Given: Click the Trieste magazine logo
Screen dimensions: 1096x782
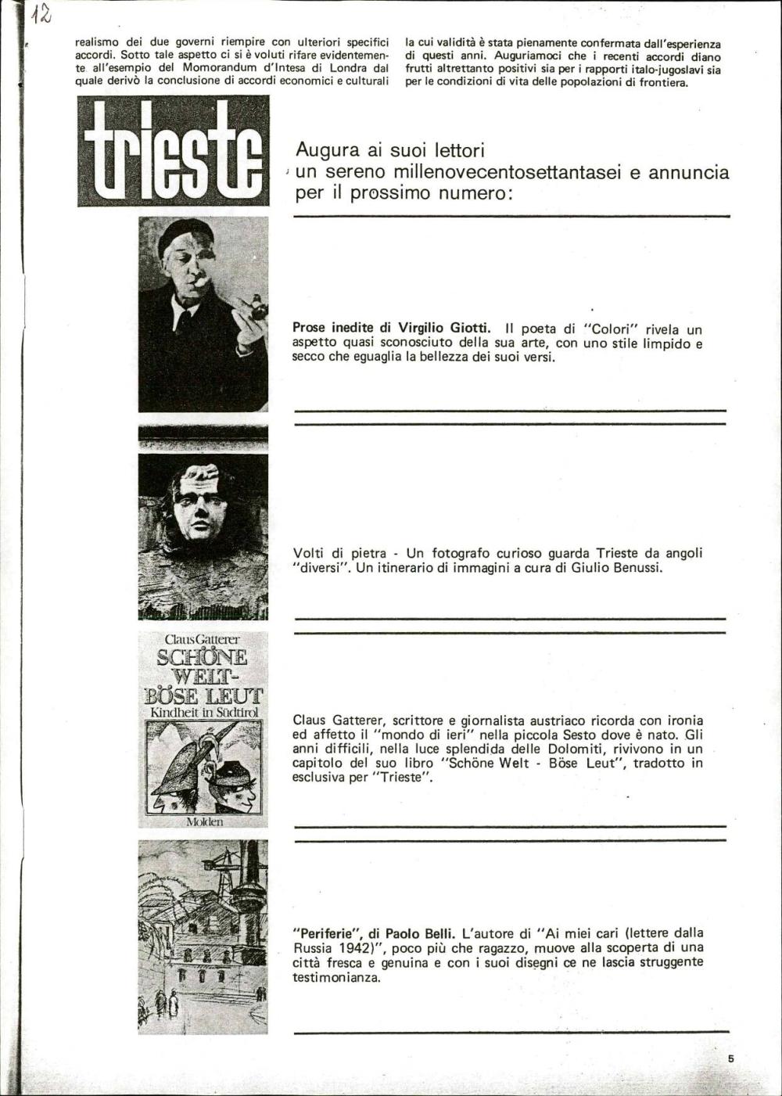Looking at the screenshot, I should pos(173,151).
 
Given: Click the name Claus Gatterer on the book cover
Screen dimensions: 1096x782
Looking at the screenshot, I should pos(203,640).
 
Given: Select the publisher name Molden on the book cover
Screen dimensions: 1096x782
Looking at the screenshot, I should pos(204,821).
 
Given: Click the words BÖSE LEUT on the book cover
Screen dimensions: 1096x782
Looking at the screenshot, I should pos(204,695).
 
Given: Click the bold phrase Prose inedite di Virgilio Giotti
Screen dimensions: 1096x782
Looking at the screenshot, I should pos(391,328).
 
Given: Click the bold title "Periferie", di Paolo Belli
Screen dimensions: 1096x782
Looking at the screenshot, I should pos(373,932).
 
